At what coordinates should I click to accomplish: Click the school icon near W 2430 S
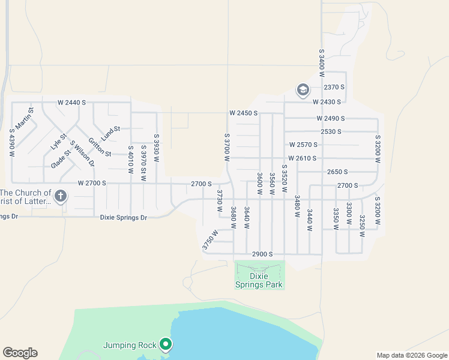tap(303, 91)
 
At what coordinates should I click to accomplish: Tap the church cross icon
tap(60, 196)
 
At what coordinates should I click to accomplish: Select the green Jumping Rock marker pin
tap(166, 344)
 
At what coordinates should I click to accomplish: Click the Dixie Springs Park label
tap(259, 280)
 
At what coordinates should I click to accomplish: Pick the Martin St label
tap(24, 118)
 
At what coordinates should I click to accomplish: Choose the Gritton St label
tap(100, 148)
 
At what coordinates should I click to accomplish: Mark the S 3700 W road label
tap(227, 147)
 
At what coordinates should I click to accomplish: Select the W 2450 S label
tap(243, 113)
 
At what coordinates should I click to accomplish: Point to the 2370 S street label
tap(334, 87)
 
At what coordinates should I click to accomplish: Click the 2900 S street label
tap(263, 254)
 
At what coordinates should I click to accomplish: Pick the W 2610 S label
tap(303, 158)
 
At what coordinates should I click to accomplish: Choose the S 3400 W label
tap(322, 63)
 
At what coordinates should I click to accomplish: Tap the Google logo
tap(20, 353)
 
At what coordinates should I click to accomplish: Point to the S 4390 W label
tap(11, 143)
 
